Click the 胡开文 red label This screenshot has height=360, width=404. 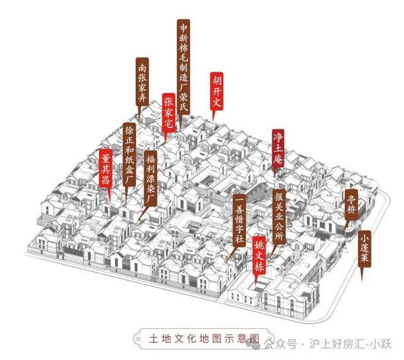(x=217, y=91)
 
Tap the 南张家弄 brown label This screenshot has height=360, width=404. (x=142, y=81)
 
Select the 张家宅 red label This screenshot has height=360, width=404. (x=168, y=113)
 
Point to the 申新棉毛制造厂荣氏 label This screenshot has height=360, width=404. (x=184, y=67)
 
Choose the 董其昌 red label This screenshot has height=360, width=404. (x=106, y=168)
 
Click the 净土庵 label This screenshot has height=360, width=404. (x=279, y=148)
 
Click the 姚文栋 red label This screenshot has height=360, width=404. (x=259, y=256)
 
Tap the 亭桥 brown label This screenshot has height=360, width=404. (x=351, y=204)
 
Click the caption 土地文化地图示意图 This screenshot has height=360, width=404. (x=204, y=339)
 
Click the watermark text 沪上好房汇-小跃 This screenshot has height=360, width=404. (x=350, y=345)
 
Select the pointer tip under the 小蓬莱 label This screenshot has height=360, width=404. (x=362, y=281)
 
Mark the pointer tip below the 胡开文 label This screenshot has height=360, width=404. (x=213, y=120)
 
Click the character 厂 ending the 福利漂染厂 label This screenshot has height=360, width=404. (x=151, y=199)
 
